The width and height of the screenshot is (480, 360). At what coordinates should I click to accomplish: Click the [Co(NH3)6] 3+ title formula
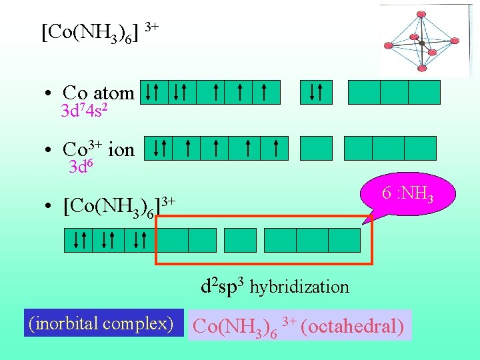(100, 31)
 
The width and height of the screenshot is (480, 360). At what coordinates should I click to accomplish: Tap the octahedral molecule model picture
(420, 41)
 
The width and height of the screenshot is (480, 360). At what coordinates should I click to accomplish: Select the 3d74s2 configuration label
(85, 111)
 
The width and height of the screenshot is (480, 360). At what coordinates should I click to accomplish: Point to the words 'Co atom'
(98, 93)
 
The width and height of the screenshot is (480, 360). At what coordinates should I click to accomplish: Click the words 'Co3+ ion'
(98, 149)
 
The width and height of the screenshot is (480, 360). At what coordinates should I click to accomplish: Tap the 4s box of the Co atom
(315, 93)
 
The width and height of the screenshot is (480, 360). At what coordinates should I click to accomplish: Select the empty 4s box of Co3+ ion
(315, 148)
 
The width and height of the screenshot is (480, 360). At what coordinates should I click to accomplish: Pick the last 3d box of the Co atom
(265, 93)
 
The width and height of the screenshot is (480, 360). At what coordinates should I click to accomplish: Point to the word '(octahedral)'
(353, 327)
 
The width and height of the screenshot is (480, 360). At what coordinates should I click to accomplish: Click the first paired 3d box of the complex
(78, 240)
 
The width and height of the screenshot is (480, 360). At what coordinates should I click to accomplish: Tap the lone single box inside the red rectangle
(240, 240)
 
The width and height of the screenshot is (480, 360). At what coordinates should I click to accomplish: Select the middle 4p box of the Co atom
(394, 93)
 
